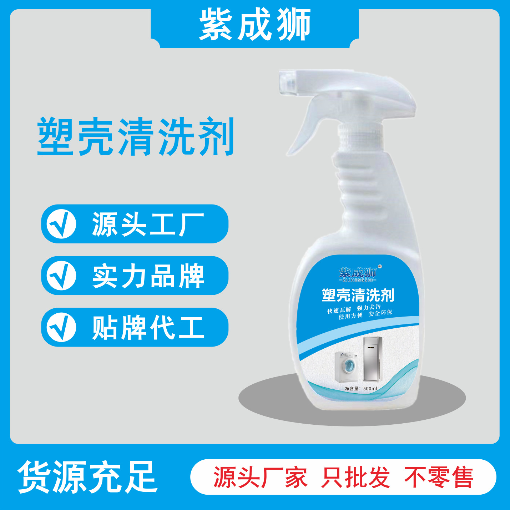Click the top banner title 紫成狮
pos(255,25)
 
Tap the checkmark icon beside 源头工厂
pos(61,224)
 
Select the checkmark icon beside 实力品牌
pos(61,275)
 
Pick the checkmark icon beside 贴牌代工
pos(61,327)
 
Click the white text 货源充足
pos(88,477)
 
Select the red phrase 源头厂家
pos(260,477)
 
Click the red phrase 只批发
pos(355,477)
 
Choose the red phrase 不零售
pos(439,477)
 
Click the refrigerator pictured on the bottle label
pos(372,359)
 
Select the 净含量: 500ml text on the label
pos(361,388)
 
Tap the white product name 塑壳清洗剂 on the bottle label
pos(358,296)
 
